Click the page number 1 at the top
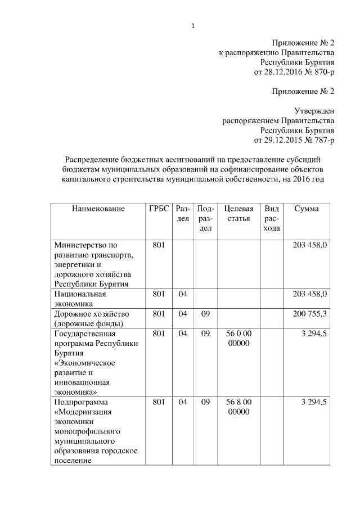tap(192, 25)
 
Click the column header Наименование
tap(98, 209)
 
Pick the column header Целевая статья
tap(238, 213)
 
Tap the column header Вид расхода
tap(272, 218)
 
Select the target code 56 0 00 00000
tap(238, 338)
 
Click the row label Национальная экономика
tap(80, 299)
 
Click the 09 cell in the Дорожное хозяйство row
tap(205, 313)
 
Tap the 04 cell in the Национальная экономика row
tap(182, 294)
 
